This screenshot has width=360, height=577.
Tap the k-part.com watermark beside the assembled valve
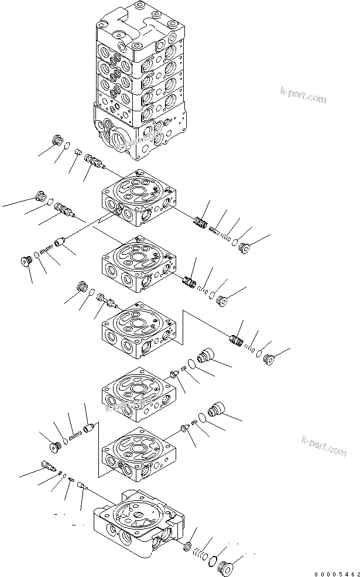point(303,96)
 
